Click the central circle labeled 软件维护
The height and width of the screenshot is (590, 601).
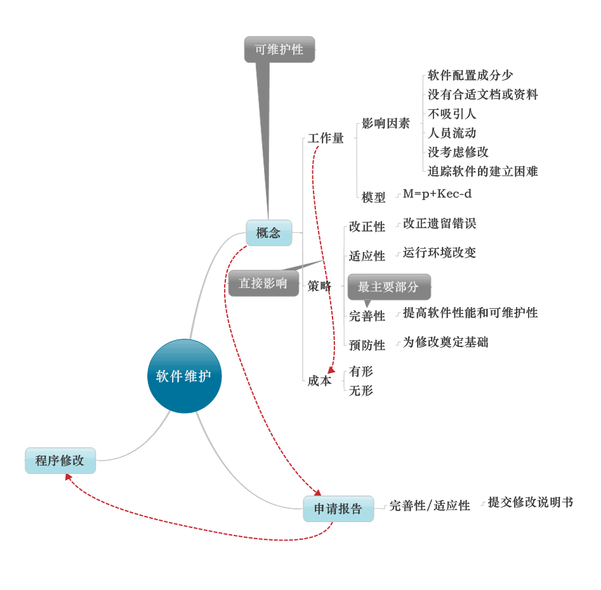184,376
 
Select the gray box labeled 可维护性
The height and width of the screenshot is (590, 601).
279,49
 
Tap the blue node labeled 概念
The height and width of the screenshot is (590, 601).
268,233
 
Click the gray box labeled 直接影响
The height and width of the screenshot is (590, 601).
263,284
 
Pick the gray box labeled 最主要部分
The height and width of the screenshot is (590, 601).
388,287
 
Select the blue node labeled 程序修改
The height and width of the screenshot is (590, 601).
60,461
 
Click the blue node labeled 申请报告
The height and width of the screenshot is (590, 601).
338,509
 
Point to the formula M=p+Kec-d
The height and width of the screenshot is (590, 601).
437,193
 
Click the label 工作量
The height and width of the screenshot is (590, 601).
326,138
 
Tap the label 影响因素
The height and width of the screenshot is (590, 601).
386,124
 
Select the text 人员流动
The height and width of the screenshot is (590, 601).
452,133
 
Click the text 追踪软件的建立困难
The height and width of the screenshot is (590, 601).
482,171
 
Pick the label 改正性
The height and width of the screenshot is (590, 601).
367,226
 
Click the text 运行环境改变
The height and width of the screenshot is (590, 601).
439,252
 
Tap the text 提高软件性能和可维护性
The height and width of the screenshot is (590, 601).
470,313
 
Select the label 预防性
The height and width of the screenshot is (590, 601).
367,345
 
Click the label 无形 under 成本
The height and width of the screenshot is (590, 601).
361,391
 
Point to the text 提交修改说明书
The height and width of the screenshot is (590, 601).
530,502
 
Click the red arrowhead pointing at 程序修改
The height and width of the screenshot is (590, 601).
68,476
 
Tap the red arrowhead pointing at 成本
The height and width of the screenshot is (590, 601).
331,370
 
